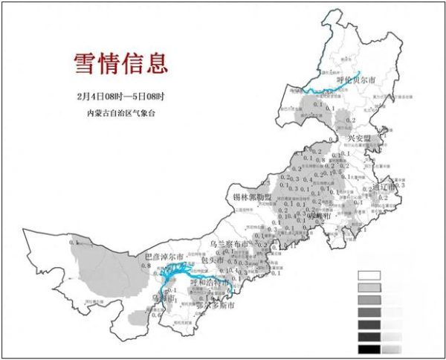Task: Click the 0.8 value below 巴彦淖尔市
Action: (147, 266)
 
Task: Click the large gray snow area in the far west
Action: (104, 268)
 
